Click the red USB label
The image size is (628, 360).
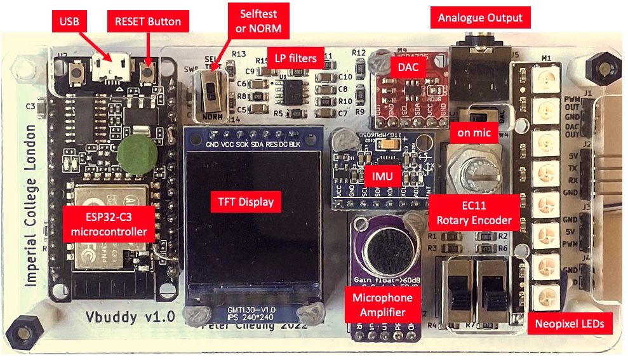(69, 22)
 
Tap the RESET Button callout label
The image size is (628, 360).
(147, 22)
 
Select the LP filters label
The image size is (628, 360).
(295, 58)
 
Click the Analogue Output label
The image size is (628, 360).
(480, 18)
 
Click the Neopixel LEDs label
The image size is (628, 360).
(568, 324)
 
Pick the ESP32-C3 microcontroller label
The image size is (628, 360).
(110, 223)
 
